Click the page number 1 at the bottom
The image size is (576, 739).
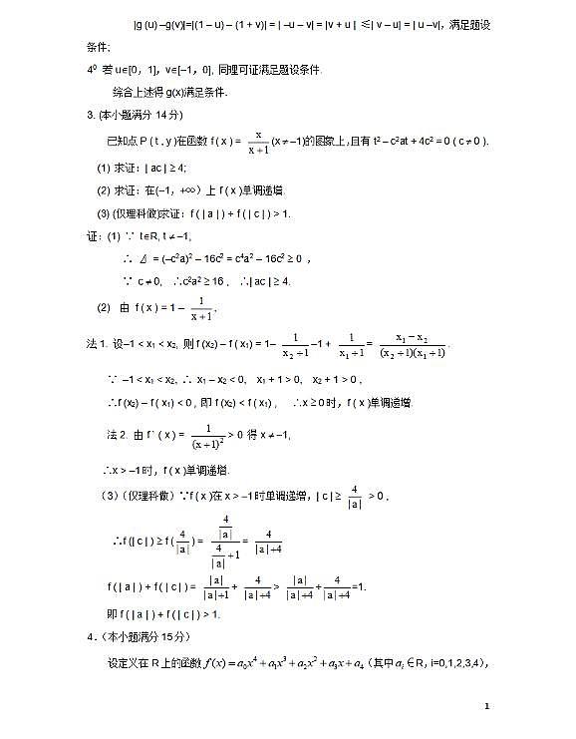coord(487,706)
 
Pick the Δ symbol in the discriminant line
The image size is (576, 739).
coord(142,258)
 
